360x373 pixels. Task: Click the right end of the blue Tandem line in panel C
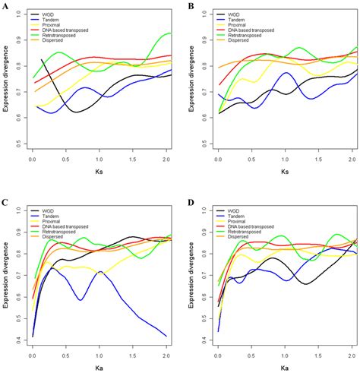click(167, 336)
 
